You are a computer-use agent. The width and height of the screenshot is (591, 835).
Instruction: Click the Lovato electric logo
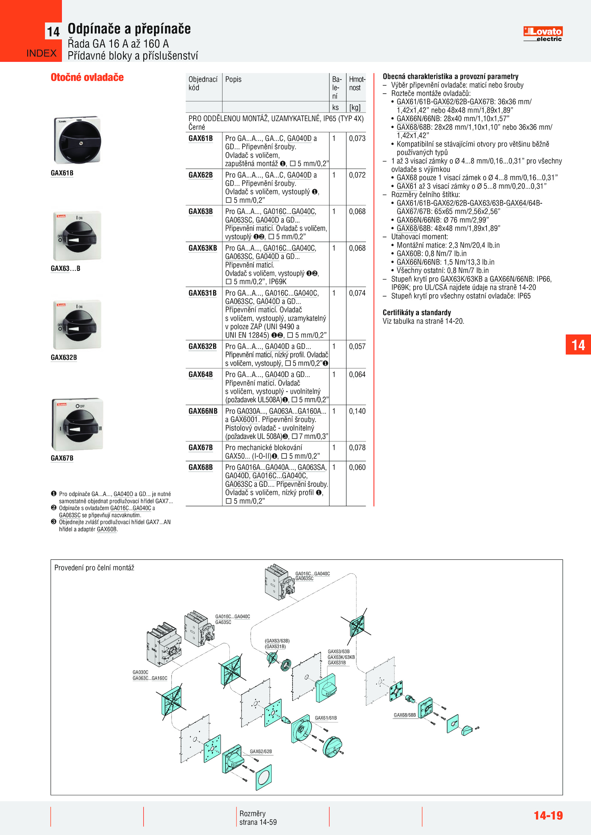[x=543, y=34]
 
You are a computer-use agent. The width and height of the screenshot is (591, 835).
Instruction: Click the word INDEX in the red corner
[x=41, y=54]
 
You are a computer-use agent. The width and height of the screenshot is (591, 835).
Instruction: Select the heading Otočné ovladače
[x=87, y=77]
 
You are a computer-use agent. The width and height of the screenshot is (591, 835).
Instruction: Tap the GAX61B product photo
[x=77, y=140]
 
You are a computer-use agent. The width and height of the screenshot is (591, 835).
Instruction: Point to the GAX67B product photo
[x=77, y=424]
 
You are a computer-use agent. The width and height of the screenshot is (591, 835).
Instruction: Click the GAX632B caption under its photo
[x=64, y=357]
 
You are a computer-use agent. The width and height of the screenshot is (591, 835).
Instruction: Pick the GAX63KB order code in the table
[x=203, y=248]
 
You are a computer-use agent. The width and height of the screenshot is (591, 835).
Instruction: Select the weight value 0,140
[x=357, y=411]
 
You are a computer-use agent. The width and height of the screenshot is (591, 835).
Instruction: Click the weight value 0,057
[x=357, y=346]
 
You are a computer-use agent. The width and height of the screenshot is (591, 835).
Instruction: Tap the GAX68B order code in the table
[x=201, y=467]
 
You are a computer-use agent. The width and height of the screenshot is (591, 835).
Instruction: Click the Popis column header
[x=233, y=79]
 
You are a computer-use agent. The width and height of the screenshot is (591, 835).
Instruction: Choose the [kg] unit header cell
[x=355, y=107]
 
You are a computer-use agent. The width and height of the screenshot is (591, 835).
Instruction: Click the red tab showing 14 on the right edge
[x=578, y=345]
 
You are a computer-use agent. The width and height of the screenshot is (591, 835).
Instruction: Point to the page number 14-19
[x=548, y=815]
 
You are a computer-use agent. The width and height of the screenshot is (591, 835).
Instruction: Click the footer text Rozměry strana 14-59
[x=258, y=818]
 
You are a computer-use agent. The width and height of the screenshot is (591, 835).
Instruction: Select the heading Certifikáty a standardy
[x=417, y=313]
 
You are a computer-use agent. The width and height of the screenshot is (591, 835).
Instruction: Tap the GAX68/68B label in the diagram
[x=405, y=715]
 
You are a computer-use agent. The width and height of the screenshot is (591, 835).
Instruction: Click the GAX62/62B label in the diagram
[x=261, y=751]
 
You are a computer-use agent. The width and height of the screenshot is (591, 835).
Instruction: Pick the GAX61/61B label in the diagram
[x=326, y=718]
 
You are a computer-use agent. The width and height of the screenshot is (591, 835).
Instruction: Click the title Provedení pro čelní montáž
[x=94, y=568]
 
